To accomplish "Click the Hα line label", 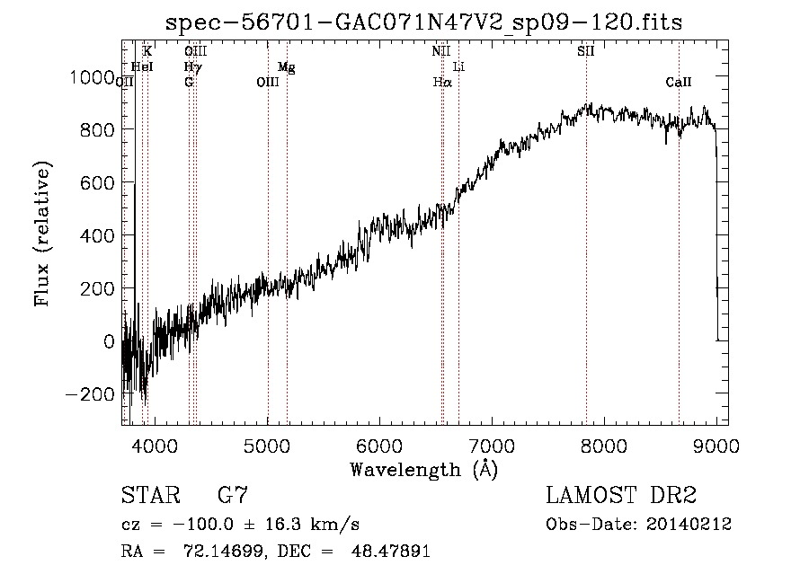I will (x=441, y=83).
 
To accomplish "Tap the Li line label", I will (x=458, y=67).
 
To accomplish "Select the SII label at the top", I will (x=586, y=51).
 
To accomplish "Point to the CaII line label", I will (x=679, y=83).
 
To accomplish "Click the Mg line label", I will (x=286, y=67).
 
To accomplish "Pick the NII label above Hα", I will (x=440, y=51).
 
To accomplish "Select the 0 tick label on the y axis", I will (x=109, y=341).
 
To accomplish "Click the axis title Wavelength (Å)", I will (x=424, y=470).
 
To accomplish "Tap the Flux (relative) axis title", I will (x=42, y=234).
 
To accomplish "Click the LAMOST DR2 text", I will (x=621, y=496).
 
